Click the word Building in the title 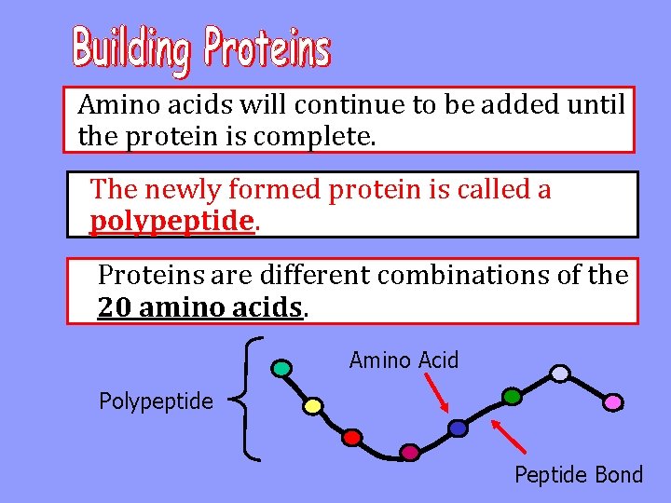point(132,48)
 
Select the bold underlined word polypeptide point(171,221)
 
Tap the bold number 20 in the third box point(114,306)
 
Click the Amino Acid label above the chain point(404,360)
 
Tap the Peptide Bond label point(579,475)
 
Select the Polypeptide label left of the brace point(156,401)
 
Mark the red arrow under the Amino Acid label point(435,393)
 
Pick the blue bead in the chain point(458,428)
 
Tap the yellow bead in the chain point(313,406)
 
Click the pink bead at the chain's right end point(612,401)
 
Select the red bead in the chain point(351,436)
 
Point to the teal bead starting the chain point(281,368)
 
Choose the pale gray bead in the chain point(559,373)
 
